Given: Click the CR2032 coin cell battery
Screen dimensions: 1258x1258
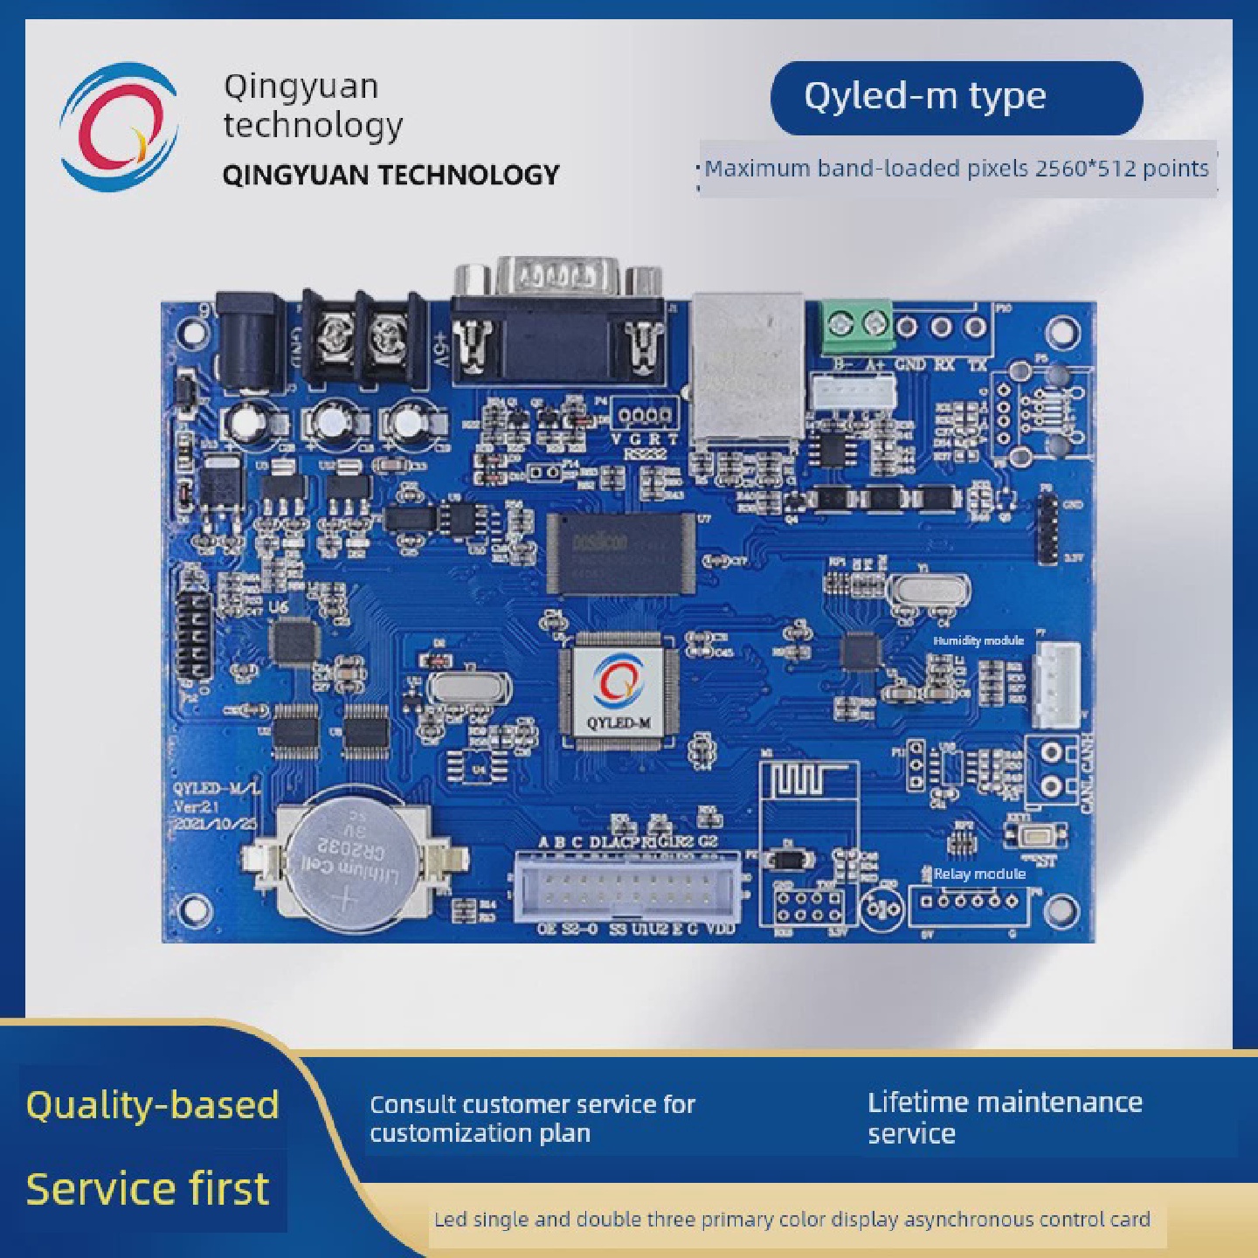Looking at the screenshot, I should tap(347, 861).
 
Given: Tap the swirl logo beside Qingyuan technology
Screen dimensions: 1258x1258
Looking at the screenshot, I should tap(119, 127).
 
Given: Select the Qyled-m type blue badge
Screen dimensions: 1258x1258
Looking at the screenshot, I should tap(956, 97).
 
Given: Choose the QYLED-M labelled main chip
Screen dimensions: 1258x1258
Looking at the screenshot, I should tap(619, 690).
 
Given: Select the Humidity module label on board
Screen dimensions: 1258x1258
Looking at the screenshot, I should tap(978, 640).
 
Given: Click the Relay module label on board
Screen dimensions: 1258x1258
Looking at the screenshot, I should tap(978, 874).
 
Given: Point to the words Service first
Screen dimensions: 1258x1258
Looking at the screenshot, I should tap(148, 1189).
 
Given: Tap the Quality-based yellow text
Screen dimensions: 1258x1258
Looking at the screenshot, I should tap(152, 1105).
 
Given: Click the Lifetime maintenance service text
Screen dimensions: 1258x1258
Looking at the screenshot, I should tap(1005, 1117).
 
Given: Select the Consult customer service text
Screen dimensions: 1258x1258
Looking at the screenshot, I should tap(532, 1118).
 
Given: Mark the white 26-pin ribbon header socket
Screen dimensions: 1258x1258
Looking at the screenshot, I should tap(628, 886).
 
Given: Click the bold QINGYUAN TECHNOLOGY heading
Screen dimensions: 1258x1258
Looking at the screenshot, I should tap(391, 175).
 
